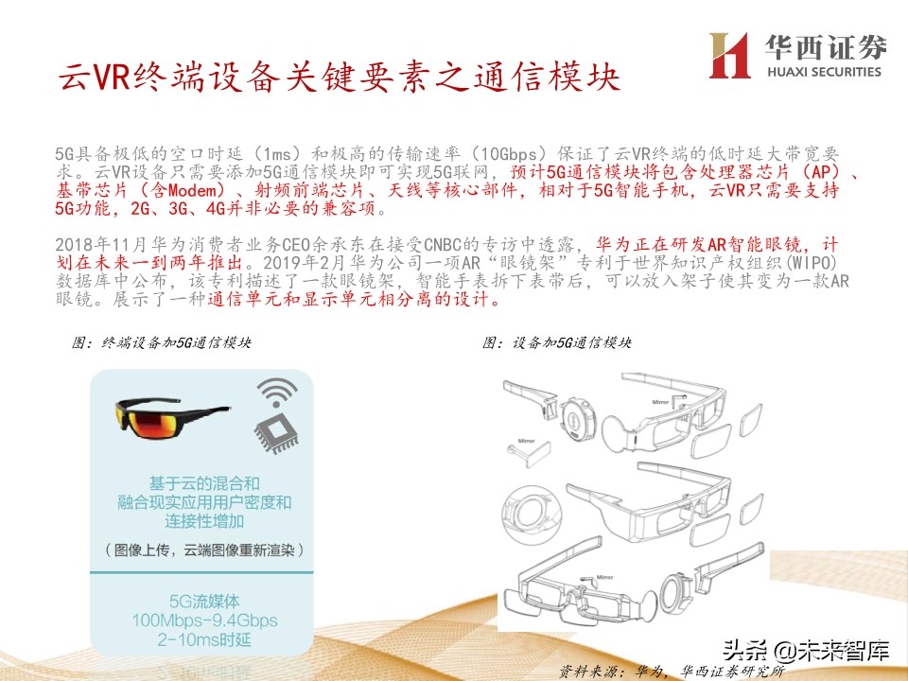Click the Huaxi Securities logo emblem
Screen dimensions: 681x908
coord(729,56)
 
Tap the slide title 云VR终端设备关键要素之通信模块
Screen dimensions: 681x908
coord(338,77)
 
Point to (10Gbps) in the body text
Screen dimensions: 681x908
coord(511,153)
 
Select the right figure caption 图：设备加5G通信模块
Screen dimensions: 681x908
coord(556,342)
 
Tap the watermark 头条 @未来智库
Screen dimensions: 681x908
coord(806,650)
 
